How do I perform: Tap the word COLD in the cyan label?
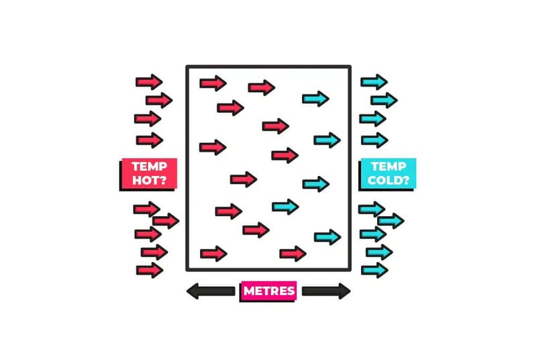pyautogui.click(x=384, y=180)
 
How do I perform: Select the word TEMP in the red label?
pyautogui.click(x=149, y=167)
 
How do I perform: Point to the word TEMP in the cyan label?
pyautogui.click(x=389, y=167)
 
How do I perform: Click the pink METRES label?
pyautogui.click(x=269, y=291)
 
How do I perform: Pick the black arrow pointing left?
pyautogui.click(x=211, y=291)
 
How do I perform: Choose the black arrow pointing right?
pyautogui.click(x=326, y=291)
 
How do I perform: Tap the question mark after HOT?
pyautogui.click(x=162, y=180)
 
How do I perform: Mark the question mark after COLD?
pyautogui.click(x=405, y=180)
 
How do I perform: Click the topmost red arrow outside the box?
pyautogui.click(x=149, y=82)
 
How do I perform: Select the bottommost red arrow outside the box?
pyautogui.click(x=149, y=270)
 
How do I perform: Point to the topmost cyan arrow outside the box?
pyautogui.click(x=374, y=82)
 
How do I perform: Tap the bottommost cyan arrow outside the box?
pyautogui.click(x=375, y=270)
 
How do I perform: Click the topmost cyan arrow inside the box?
pyautogui.click(x=315, y=99)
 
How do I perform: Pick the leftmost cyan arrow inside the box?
pyautogui.click(x=285, y=207)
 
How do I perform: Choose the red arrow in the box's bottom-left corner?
pyautogui.click(x=213, y=254)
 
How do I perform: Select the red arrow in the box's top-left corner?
pyautogui.click(x=213, y=83)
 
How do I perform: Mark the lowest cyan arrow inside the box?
pyautogui.click(x=328, y=236)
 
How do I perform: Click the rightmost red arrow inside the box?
pyautogui.click(x=293, y=254)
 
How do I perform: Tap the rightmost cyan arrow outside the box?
pyautogui.click(x=391, y=220)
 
